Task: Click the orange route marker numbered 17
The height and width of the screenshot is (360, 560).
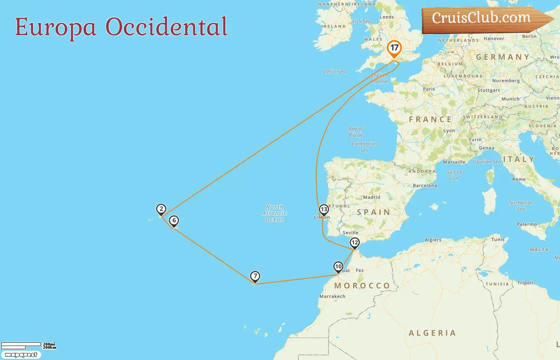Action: point(394,48)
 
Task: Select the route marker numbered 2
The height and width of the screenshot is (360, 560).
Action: point(161,209)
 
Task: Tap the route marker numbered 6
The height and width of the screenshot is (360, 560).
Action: point(174,220)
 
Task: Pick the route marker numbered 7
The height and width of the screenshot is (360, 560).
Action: point(255,276)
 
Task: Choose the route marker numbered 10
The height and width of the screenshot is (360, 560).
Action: point(338,266)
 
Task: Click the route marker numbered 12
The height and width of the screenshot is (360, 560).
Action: point(355,242)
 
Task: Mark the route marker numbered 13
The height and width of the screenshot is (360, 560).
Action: point(324,209)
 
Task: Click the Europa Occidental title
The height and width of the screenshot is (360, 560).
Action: point(121,27)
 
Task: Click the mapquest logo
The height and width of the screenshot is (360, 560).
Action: point(21,355)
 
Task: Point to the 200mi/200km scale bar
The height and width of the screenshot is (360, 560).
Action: point(28,346)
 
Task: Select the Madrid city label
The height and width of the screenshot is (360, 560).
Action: point(372,197)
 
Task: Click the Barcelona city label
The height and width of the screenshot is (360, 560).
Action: point(425,186)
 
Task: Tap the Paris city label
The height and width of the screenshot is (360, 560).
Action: point(429,89)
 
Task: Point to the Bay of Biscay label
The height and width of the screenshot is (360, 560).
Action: point(356,132)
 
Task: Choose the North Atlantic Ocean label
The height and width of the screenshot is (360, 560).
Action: point(274,213)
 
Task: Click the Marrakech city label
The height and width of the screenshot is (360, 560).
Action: point(332,296)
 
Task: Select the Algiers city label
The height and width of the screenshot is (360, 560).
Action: point(433,240)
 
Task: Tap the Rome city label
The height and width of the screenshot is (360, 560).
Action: point(519,179)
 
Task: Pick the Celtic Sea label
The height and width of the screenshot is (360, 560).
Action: point(334,72)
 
